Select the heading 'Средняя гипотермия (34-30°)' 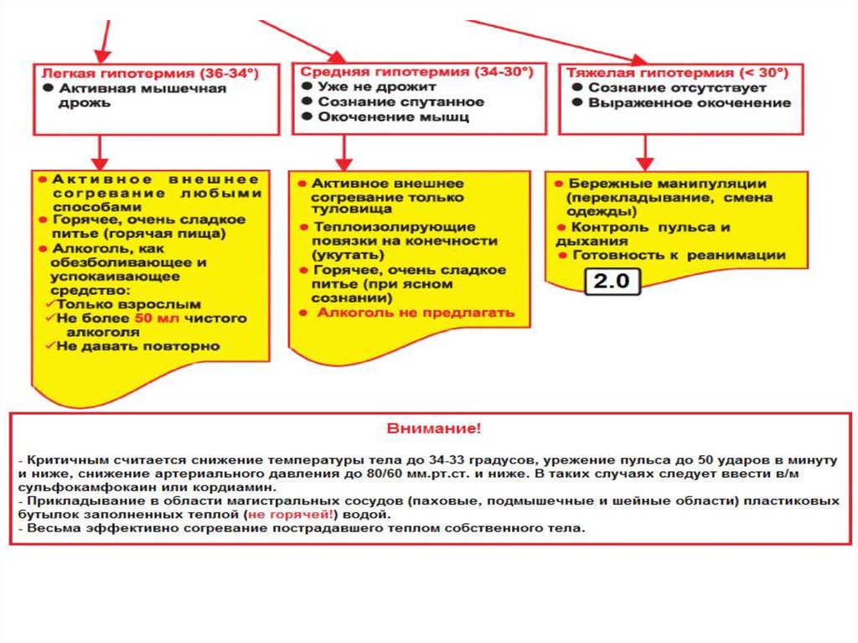point(416,72)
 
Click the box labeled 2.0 point(612,282)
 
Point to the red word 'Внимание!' point(434,428)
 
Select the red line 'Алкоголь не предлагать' point(416,313)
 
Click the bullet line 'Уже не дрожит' point(377,86)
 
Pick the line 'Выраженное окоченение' point(689,103)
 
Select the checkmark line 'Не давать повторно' point(137,345)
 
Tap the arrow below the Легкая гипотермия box point(100,151)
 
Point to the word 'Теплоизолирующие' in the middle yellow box point(395,226)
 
